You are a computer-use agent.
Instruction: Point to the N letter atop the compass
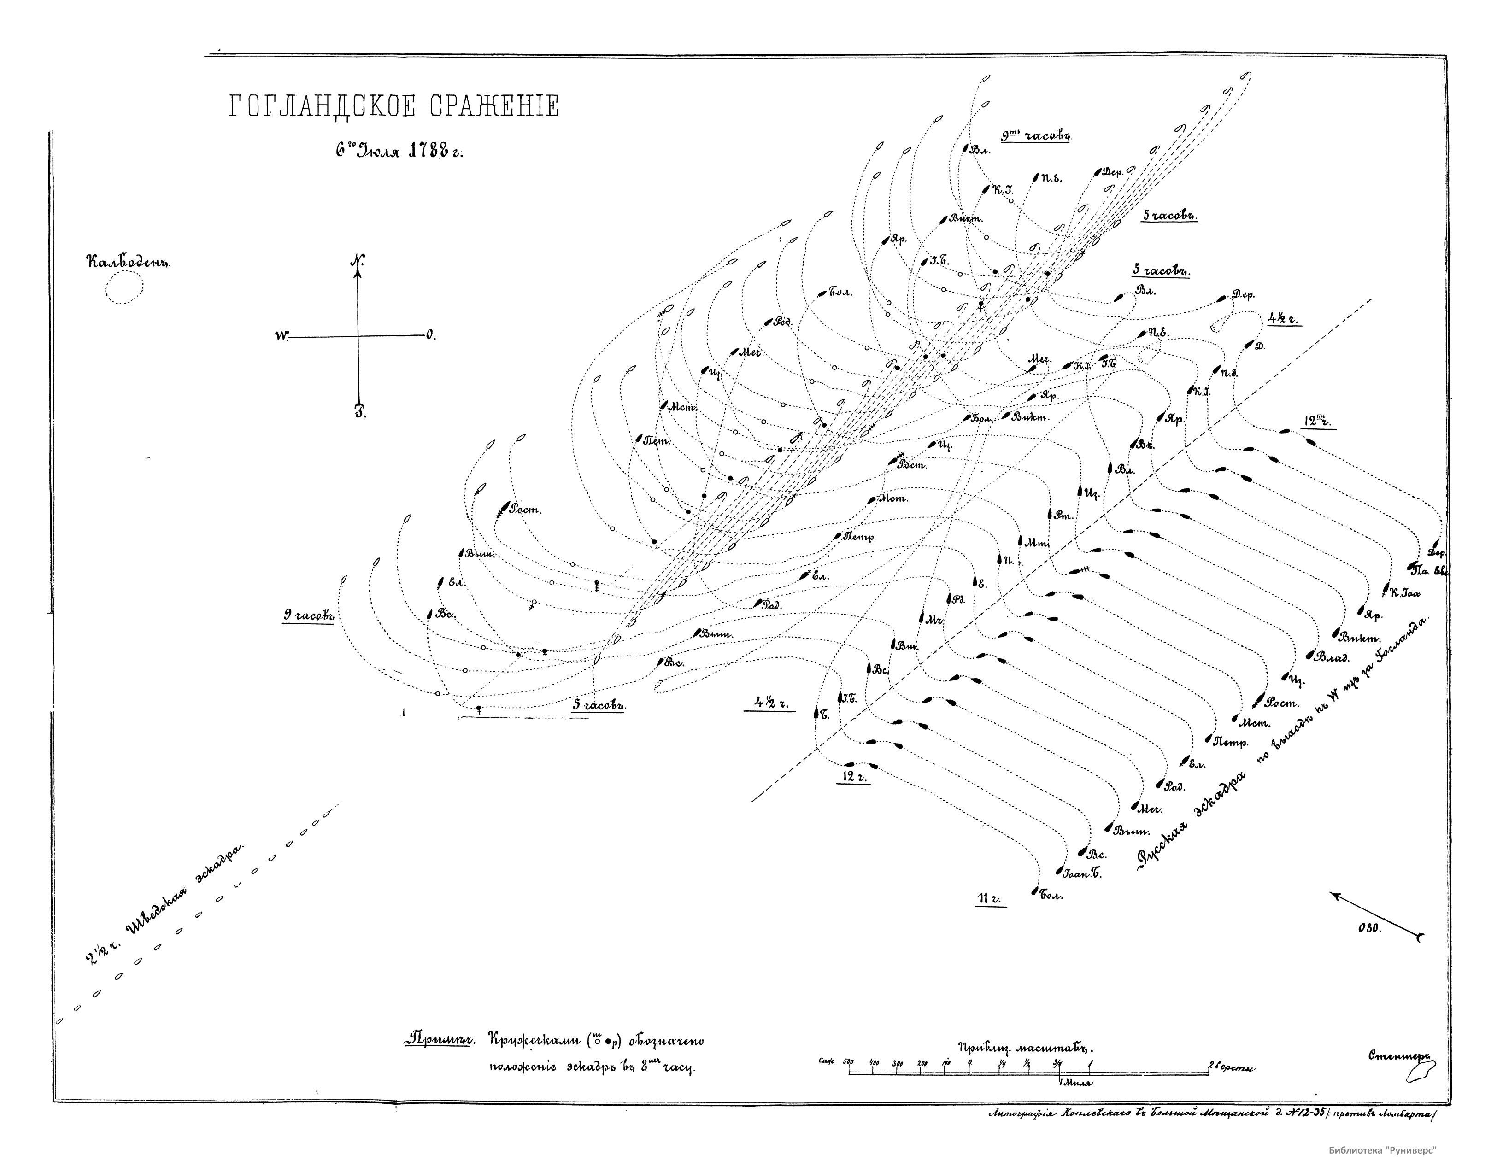coord(357,262)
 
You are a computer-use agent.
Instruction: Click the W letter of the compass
coord(280,336)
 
